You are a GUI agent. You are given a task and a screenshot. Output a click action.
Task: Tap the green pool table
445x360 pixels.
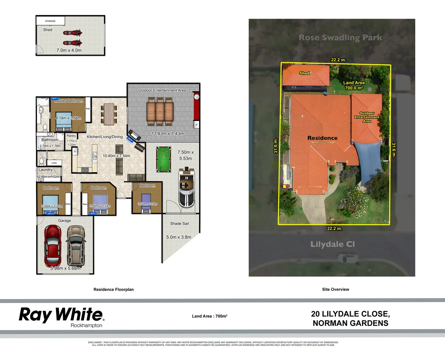pos(163,159)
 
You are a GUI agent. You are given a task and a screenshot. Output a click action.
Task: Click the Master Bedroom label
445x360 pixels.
pos(68,101)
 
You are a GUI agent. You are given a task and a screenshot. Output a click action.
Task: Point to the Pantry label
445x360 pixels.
pos(71,136)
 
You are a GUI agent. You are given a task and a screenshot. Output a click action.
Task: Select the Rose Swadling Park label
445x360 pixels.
pos(340,38)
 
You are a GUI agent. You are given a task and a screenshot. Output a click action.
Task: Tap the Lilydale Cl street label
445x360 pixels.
pos(332,244)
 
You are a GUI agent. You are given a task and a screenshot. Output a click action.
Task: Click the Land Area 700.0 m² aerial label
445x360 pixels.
pos(354,85)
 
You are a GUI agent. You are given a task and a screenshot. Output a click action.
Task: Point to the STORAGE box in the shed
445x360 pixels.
pos(50,21)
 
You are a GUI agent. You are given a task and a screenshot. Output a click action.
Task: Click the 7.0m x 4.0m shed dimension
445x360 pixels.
pos(69,50)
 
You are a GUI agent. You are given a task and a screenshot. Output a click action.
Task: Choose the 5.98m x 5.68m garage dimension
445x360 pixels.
pos(65,268)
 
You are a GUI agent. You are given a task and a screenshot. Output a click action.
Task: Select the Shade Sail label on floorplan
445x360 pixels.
pos(179,224)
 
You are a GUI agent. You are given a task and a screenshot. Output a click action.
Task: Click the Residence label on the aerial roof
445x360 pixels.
pos(322,138)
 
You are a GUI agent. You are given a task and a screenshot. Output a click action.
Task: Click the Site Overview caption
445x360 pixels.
pos(335,289)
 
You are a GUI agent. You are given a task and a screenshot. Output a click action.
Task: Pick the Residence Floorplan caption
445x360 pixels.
pos(113,289)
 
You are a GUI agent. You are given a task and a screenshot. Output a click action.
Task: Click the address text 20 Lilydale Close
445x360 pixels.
pos(350,314)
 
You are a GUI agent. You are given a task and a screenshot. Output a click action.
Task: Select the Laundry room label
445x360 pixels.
pos(45,170)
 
